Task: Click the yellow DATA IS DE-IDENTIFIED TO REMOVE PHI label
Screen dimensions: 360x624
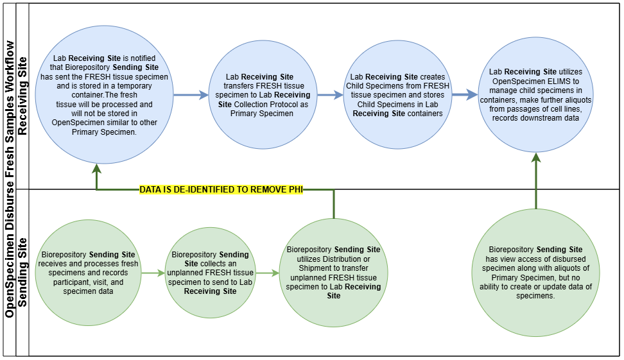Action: (x=221, y=190)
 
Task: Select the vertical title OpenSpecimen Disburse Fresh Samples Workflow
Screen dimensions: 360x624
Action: (x=10, y=180)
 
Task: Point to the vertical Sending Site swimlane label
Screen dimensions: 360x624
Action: (x=22, y=273)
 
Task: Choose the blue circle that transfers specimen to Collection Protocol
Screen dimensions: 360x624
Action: (x=260, y=95)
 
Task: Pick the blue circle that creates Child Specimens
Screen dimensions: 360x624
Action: (x=397, y=95)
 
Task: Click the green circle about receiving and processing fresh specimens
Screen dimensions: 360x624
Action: (x=88, y=273)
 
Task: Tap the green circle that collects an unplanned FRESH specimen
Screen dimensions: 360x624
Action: (x=211, y=273)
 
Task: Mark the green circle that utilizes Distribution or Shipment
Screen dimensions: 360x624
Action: (x=334, y=273)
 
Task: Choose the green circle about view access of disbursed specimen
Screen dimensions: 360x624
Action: (x=536, y=273)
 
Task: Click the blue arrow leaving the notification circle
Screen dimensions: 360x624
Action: (x=184, y=95)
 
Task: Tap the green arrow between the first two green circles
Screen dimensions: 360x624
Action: (x=153, y=273)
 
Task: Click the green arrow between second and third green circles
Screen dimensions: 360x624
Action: (x=268, y=273)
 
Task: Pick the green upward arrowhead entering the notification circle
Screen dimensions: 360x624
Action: (x=96, y=169)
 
